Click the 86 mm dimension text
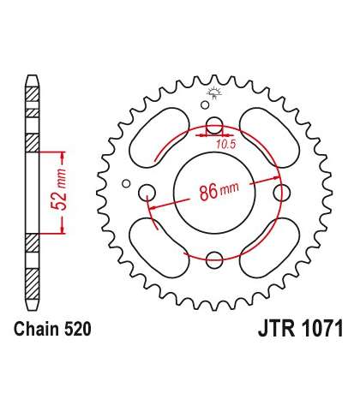coord(219,191)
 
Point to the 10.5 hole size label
coord(225,145)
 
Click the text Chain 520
coord(52,329)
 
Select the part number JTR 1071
coord(301,329)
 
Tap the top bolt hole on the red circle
coord(214,125)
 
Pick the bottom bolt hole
coord(214,260)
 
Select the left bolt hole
coord(147,193)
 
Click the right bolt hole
coord(282,193)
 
